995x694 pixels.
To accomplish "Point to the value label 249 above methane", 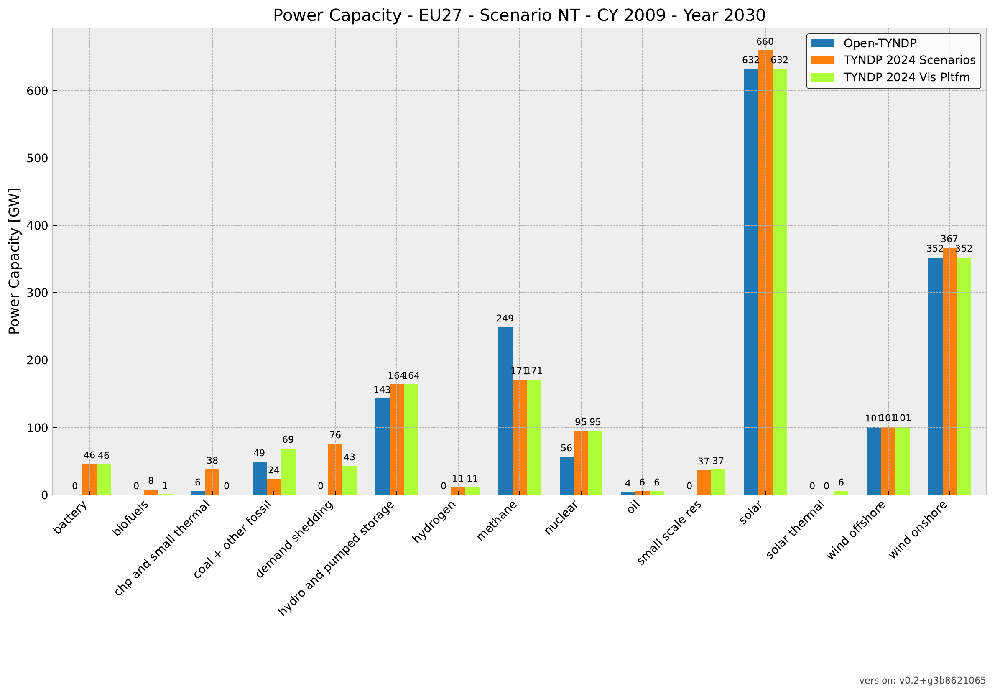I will coord(505,319).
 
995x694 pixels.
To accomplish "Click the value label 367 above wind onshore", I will coord(949,239).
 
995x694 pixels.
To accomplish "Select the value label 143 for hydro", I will coord(382,390).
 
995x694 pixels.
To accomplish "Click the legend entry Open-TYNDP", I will coord(880,43).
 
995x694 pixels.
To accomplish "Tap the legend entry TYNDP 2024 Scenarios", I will coord(909,60).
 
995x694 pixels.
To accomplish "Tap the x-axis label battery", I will coord(70,518).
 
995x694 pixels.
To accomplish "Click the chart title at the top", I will coord(519,15).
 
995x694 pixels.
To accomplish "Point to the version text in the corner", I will coord(922,681).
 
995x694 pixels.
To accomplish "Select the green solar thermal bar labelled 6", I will coord(841,493).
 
